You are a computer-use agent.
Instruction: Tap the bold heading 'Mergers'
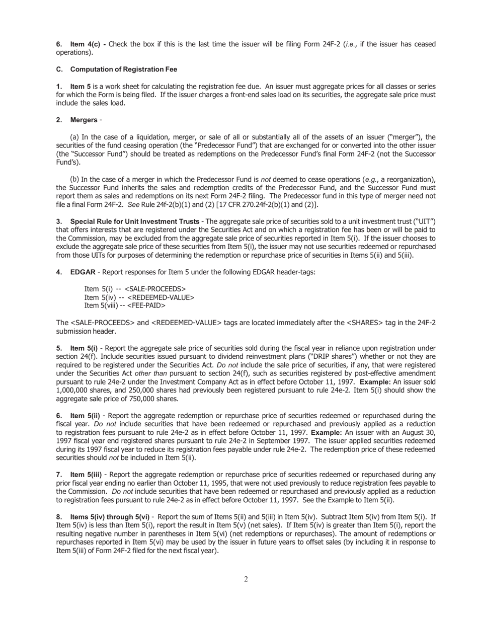[x=84, y=120]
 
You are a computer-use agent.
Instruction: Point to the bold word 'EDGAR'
[x=83, y=272]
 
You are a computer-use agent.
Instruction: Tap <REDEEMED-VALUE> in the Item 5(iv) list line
[x=161, y=297]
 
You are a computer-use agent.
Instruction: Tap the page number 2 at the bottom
[x=246, y=579]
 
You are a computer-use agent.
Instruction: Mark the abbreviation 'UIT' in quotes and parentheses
[x=425, y=222]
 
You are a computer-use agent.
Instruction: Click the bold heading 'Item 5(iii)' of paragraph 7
[x=86, y=475]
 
